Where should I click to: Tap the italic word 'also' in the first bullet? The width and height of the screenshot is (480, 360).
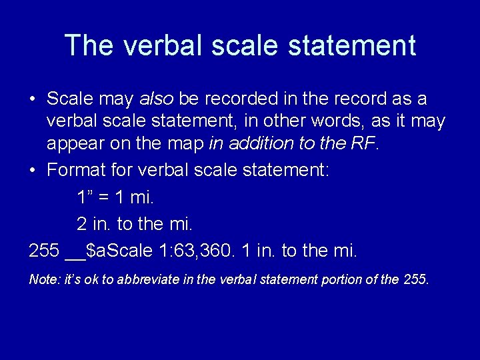[x=156, y=99]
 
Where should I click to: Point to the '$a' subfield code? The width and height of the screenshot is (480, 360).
[x=99, y=251]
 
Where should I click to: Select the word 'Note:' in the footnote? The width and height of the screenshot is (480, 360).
[x=43, y=279]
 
